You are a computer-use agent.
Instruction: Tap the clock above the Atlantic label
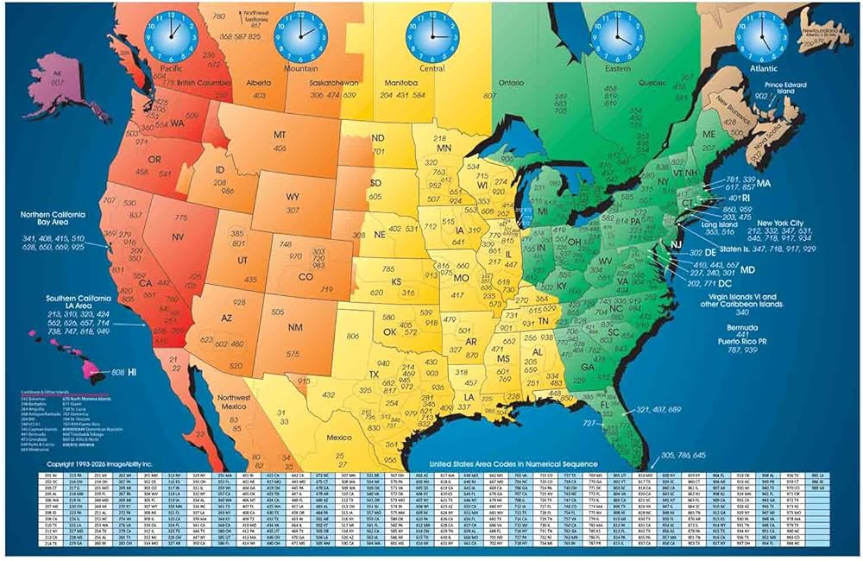pos(756,35)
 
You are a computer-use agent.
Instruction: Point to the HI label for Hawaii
pos(133,372)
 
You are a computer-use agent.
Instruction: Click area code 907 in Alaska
pos(57,83)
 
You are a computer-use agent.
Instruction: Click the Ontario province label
pos(510,83)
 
